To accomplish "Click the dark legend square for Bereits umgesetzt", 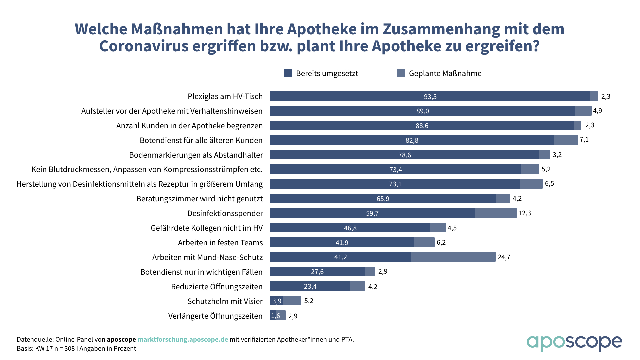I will [x=288, y=73].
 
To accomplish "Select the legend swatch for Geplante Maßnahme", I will [x=401, y=73].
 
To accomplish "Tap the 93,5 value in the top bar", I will [x=430, y=97].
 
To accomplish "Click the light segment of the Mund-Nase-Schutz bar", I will [x=453, y=257].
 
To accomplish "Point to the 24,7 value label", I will [x=504, y=257].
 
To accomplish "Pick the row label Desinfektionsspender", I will [x=225, y=213].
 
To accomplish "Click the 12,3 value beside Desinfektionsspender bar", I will [x=524, y=213].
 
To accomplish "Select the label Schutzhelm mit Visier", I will [x=225, y=301].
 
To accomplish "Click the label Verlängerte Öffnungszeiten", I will [x=215, y=316].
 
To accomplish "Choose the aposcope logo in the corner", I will [x=574, y=343].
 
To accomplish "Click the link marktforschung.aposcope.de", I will [x=183, y=339].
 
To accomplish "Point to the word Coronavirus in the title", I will [x=144, y=46].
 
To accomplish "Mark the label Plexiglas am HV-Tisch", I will [x=225, y=96].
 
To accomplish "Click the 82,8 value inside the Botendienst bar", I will [x=412, y=140].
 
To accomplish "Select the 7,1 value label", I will [x=584, y=140].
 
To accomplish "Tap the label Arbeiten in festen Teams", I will [x=220, y=243].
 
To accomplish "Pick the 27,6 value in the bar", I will [x=317, y=272].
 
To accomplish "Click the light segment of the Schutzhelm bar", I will [x=292, y=301].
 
